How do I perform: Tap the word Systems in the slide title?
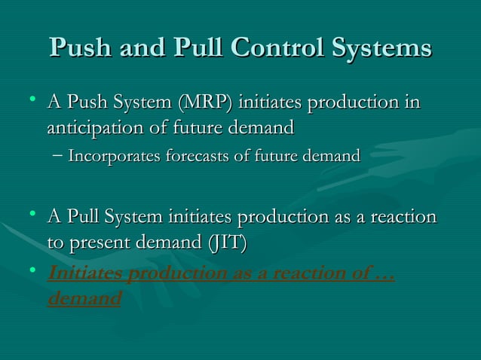383,48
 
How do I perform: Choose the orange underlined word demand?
84,299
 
